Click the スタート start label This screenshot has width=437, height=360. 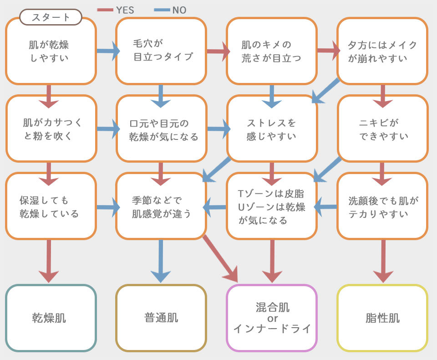(x=51, y=17)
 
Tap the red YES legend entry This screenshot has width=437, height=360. (x=116, y=10)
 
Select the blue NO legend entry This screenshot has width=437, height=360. (x=171, y=10)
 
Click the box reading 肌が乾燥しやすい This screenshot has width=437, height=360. (x=51, y=51)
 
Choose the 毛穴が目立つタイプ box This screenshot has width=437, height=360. (x=161, y=51)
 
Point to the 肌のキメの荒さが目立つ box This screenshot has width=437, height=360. (x=272, y=51)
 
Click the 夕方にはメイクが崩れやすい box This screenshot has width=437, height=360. (x=382, y=51)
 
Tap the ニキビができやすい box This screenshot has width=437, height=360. (x=382, y=129)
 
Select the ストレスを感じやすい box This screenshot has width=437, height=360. (x=272, y=129)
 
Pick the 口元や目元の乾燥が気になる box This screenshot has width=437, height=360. (x=161, y=129)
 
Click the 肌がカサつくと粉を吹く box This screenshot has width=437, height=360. (x=51, y=129)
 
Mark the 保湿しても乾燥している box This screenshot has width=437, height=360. (x=51, y=206)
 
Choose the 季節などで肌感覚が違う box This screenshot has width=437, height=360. (x=161, y=206)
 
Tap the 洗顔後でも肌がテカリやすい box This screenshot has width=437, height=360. (x=382, y=206)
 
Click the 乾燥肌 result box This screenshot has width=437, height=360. (x=51, y=318)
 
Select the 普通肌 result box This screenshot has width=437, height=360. (x=161, y=318)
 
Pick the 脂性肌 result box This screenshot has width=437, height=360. (x=382, y=318)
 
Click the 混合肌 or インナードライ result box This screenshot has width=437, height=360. (x=272, y=318)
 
